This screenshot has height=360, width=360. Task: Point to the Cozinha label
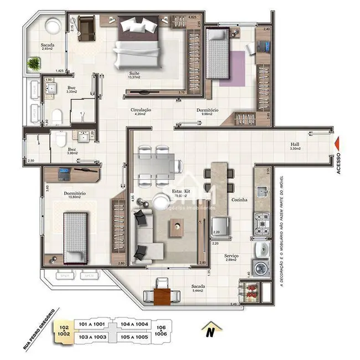240,199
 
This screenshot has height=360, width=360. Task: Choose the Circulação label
141,110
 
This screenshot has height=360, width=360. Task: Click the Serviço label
232,255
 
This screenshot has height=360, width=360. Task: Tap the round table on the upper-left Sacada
53,25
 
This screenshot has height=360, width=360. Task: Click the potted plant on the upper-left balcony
35,64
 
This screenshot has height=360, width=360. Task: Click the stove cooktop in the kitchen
261,221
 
